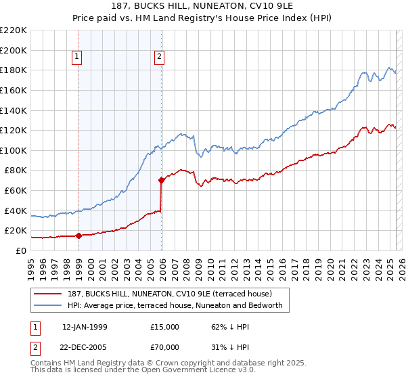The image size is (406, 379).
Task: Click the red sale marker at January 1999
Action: (78, 236)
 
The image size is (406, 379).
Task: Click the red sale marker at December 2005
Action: (162, 180)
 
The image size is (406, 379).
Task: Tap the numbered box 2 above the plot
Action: (159, 58)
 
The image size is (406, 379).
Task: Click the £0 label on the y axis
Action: (22, 250)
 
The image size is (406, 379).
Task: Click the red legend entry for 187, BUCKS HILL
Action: (169, 294)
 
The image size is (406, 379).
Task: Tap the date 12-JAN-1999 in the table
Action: (85, 327)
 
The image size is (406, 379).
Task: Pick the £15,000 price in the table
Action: (165, 327)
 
